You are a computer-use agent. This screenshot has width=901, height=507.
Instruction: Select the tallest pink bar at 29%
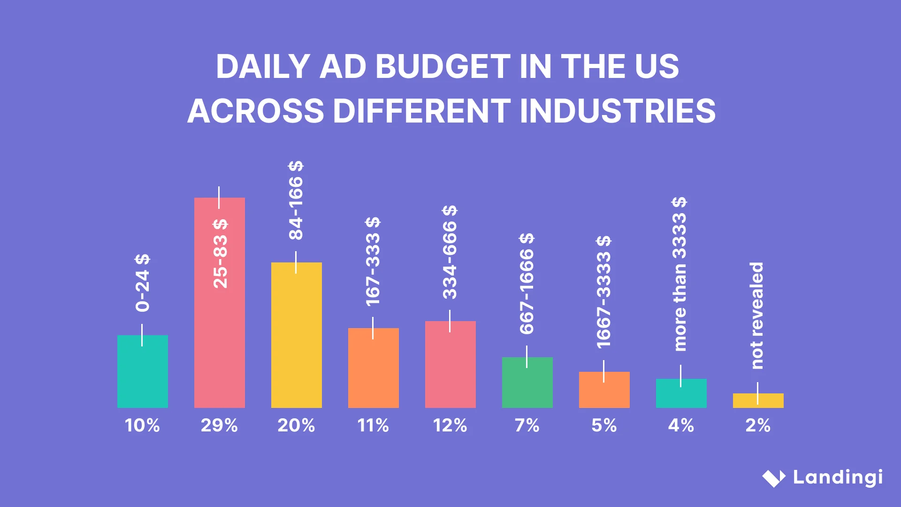point(219,329)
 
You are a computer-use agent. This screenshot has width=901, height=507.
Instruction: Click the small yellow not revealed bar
point(758,400)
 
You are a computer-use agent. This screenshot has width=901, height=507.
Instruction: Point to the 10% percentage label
point(142,425)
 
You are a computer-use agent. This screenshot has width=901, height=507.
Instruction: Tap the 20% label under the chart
point(296,425)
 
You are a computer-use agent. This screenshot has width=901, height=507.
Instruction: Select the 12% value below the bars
point(450,425)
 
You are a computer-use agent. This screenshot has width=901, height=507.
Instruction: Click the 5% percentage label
point(604,425)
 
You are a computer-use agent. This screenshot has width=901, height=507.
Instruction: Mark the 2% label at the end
point(758,425)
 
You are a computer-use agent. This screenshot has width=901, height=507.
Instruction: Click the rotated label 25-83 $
point(220,253)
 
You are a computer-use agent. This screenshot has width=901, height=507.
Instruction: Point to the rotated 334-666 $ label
point(450,252)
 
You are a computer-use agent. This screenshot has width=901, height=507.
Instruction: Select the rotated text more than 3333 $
point(679,274)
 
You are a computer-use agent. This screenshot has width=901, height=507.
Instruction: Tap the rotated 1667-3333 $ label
point(603,292)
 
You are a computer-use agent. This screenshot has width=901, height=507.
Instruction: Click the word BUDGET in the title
point(443,66)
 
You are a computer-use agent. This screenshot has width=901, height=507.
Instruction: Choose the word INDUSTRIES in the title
point(617,111)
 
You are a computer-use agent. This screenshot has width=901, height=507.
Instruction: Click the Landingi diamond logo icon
point(773,478)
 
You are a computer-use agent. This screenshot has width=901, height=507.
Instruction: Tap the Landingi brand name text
point(838,478)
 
